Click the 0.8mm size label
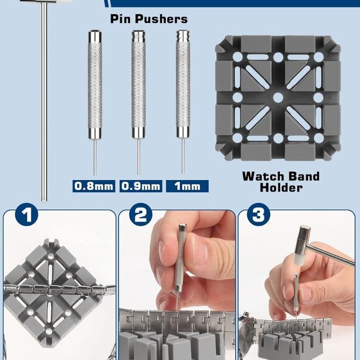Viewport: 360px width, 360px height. tap(94, 186)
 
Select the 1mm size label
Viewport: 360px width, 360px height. tap(187, 186)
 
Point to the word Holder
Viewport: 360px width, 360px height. tap(281, 187)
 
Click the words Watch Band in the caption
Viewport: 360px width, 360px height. tap(281, 176)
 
